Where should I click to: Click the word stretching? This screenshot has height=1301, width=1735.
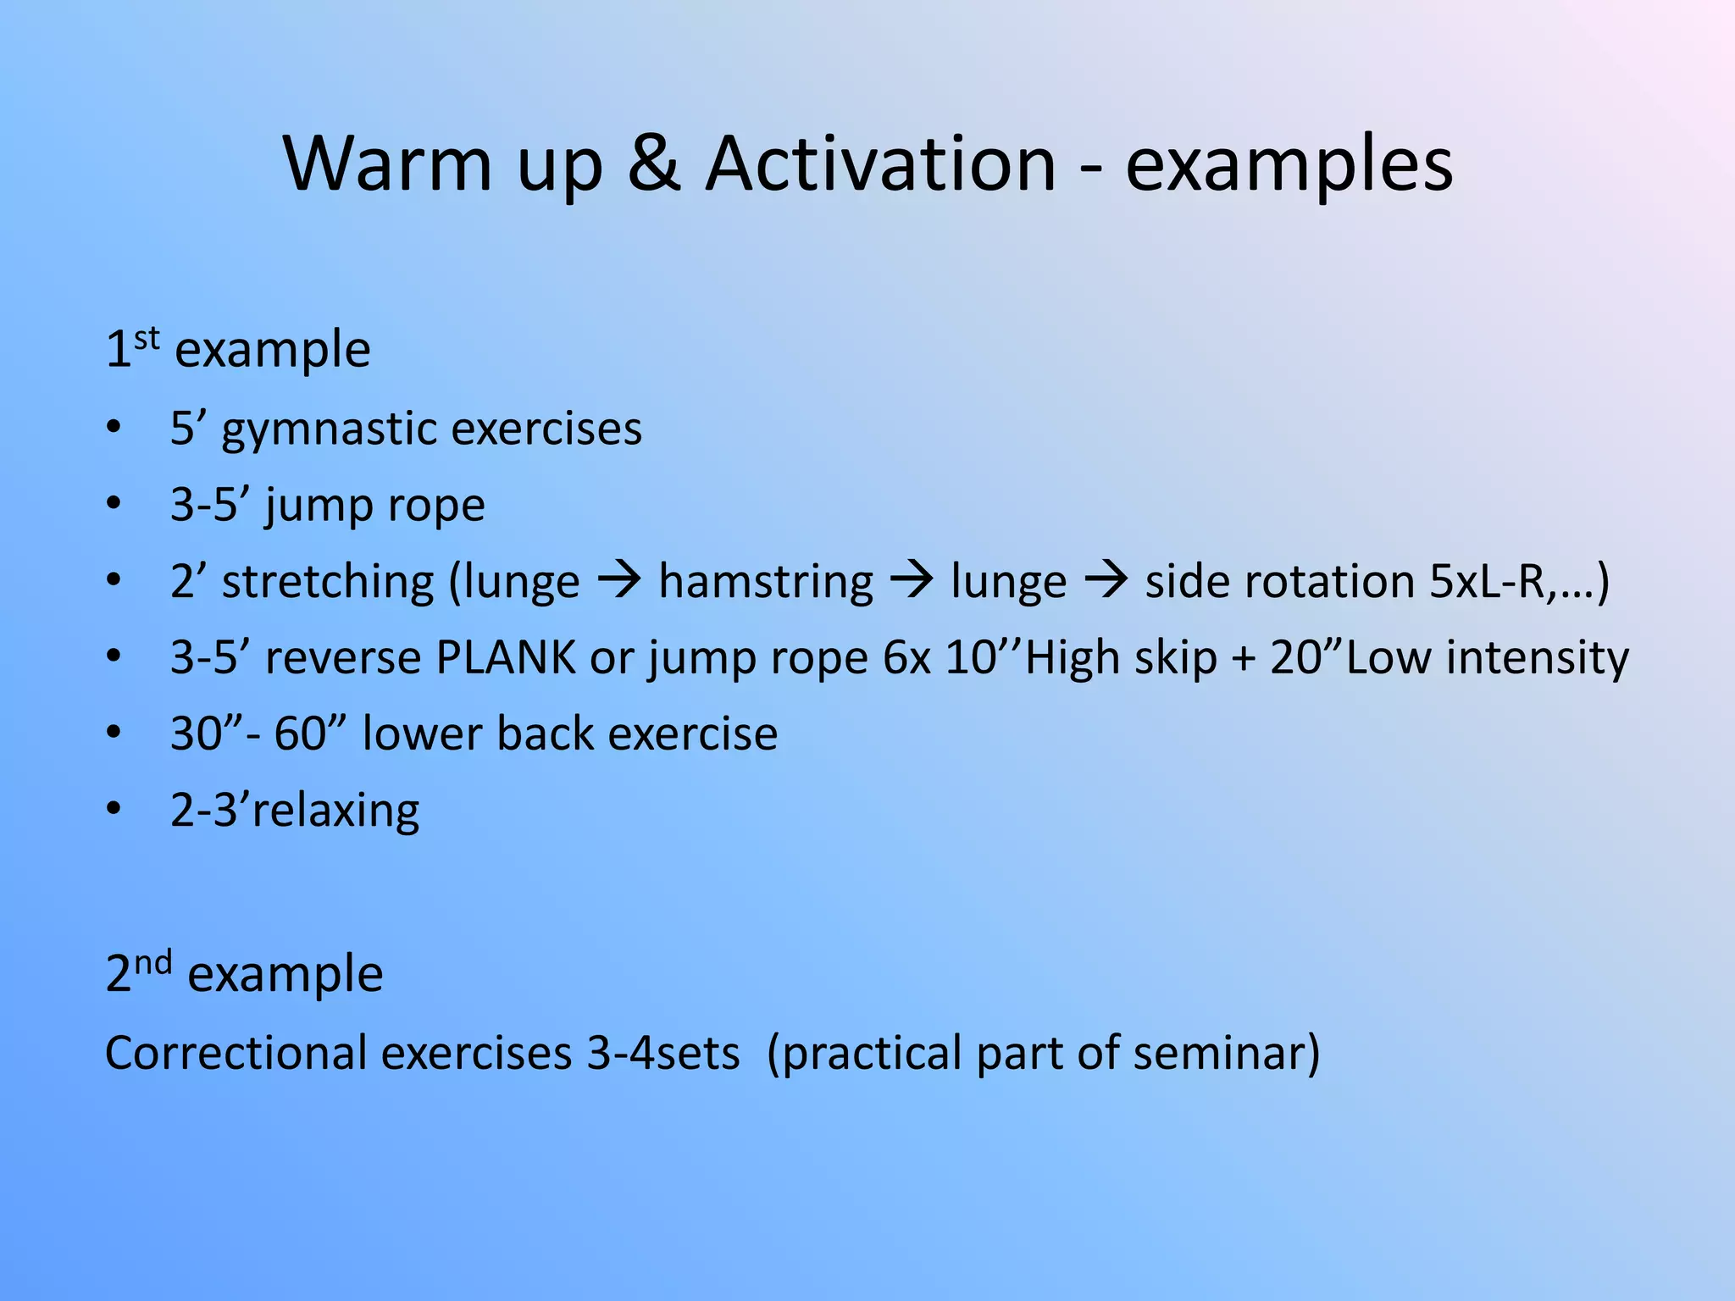click(x=328, y=583)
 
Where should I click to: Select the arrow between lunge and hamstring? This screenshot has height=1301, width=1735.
click(x=619, y=581)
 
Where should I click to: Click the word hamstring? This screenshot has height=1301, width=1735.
click(x=765, y=583)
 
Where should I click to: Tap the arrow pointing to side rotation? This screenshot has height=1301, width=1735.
click(x=1106, y=581)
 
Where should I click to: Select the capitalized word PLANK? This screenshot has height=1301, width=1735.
click(x=505, y=657)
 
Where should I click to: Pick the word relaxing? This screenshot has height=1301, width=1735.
click(x=335, y=811)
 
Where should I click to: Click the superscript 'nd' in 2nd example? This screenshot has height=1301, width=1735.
click(x=153, y=963)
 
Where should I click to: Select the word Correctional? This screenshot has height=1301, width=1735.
click(x=236, y=1053)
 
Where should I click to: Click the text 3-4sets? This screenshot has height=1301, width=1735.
click(x=663, y=1053)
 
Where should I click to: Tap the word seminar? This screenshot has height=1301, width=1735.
click(x=1225, y=1053)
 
